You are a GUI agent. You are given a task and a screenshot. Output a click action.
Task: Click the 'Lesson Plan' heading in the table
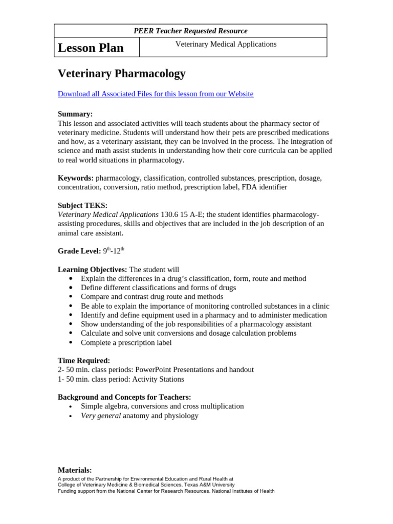pos(91,48)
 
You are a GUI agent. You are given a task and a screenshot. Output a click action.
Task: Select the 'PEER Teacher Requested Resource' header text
pos(190,31)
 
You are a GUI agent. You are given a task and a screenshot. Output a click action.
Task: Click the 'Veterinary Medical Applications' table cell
pos(226,45)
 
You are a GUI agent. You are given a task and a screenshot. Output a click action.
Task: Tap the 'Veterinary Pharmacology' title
pos(121,74)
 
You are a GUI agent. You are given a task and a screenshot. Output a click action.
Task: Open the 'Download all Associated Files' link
pos(155,94)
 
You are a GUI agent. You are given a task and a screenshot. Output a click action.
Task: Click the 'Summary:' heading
pos(75,114)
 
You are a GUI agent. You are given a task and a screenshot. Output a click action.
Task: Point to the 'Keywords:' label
pos(75,178)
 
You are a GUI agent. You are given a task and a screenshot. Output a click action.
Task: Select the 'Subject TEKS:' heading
pos(82,206)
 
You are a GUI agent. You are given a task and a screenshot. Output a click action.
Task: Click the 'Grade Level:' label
pos(79,251)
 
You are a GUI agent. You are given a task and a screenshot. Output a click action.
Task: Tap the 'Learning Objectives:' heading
pos(92,270)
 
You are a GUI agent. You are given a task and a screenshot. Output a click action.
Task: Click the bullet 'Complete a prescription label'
pos(126,342)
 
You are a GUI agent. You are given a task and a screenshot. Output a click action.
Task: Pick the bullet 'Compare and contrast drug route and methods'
pos(152,297)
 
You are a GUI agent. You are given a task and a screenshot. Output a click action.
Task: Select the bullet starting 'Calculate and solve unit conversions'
pos(188,333)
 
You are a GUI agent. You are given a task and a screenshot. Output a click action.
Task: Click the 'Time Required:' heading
pos(83,361)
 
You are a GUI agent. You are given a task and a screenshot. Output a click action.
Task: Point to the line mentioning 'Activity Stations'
pos(121,379)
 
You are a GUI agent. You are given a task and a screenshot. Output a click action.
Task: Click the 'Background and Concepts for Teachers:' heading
pos(124,397)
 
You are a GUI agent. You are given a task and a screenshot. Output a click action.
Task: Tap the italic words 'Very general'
pos(101,416)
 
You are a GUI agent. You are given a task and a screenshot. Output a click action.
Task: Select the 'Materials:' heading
pos(75,470)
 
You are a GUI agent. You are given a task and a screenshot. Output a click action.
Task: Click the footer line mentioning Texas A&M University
pos(146,485)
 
